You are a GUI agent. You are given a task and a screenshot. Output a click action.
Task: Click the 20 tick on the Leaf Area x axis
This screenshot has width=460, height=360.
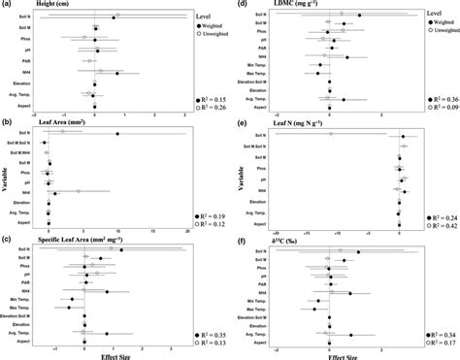click(186, 231)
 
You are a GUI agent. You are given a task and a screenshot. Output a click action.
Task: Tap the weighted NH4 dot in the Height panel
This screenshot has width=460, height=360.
click(117, 73)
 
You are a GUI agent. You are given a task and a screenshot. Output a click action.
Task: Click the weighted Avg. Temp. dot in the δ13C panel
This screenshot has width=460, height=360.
click(351, 335)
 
